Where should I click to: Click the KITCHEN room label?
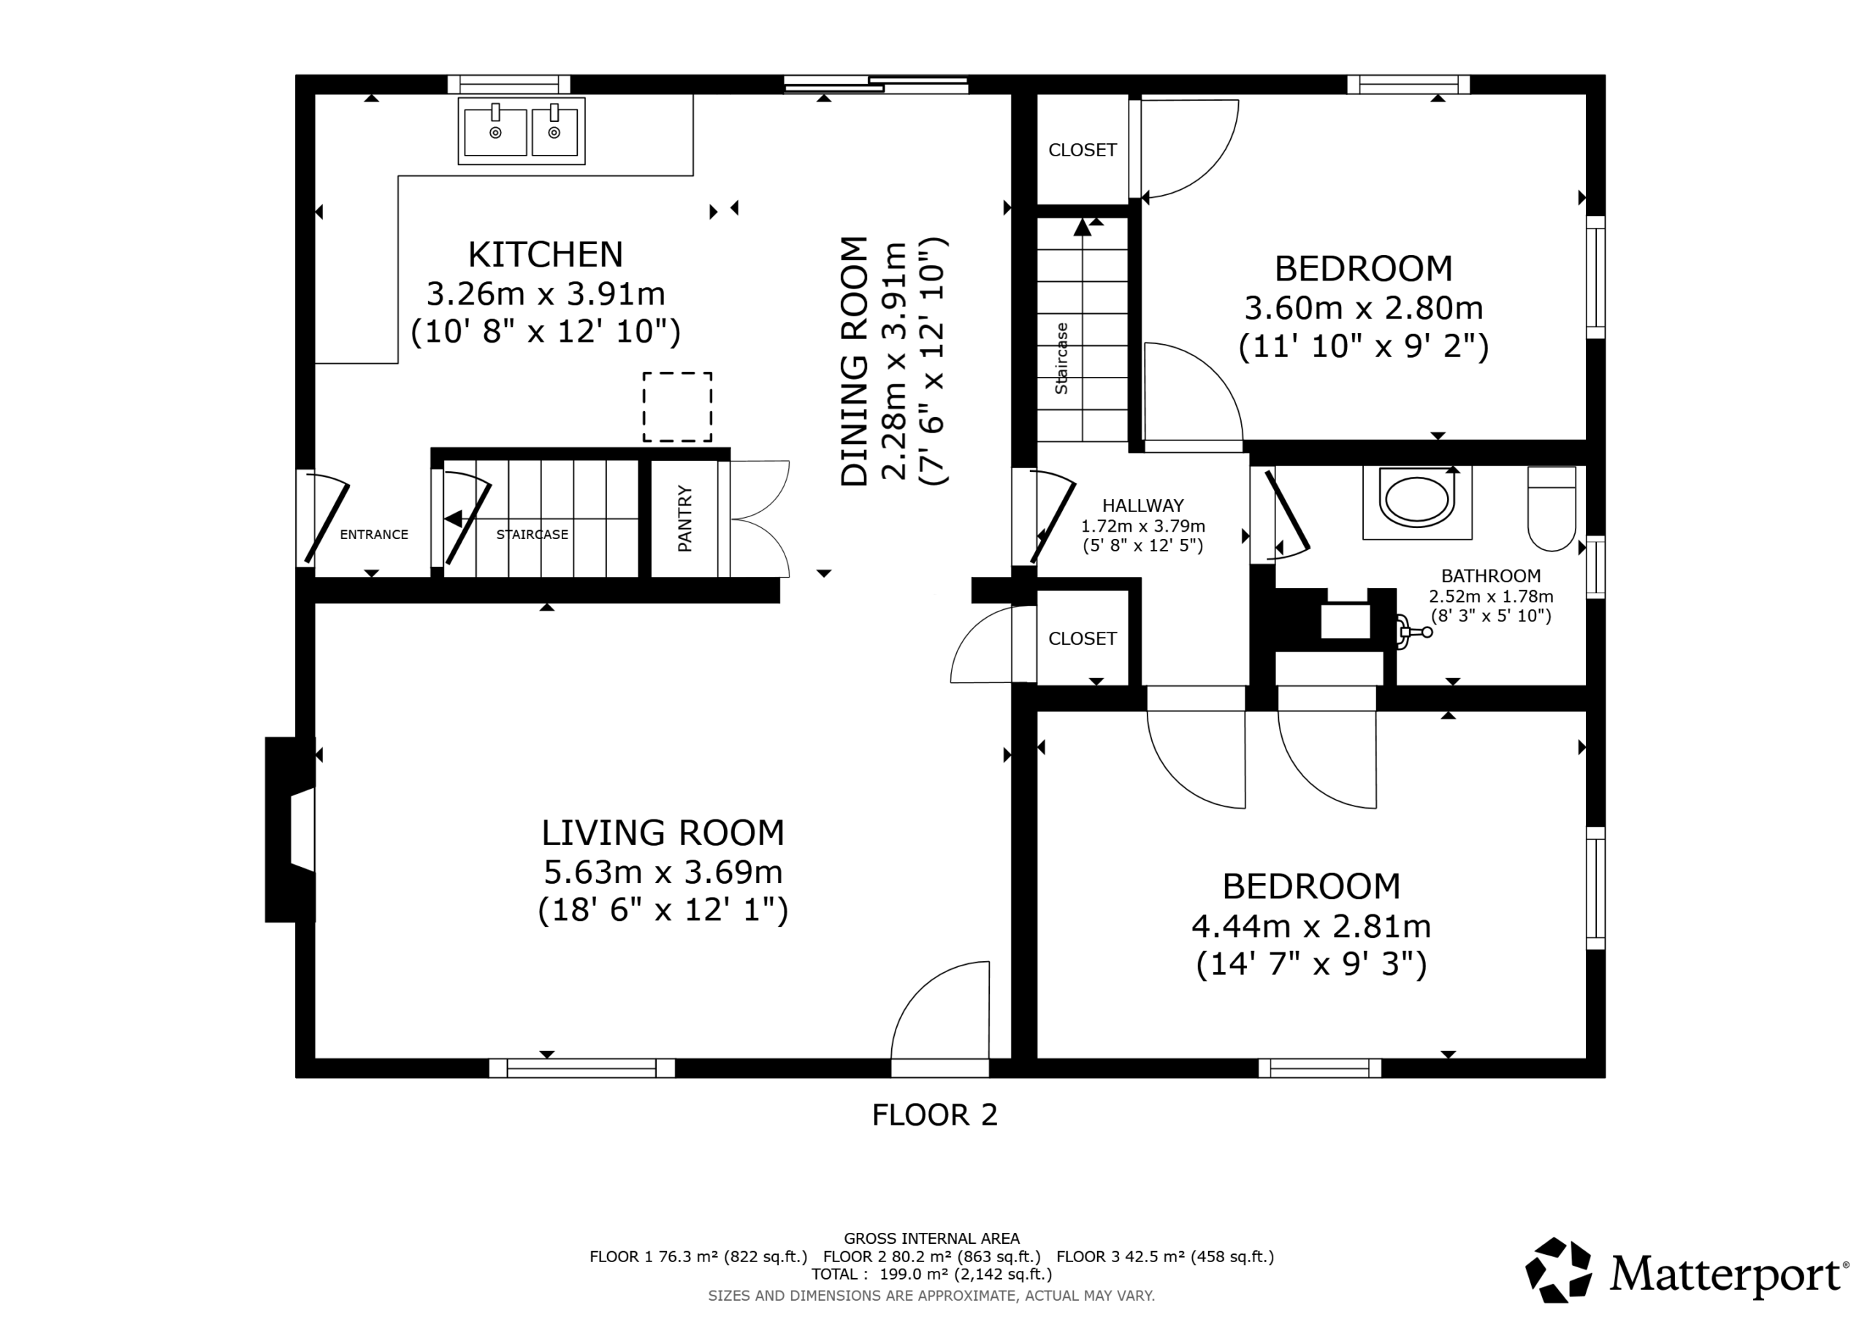[x=545, y=255]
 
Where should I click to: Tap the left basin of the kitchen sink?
[x=495, y=132]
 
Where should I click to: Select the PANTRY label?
[x=685, y=519]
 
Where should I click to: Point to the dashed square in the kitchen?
[x=678, y=408]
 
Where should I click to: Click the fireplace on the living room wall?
[x=291, y=829]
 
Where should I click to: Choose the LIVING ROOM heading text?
[x=663, y=833]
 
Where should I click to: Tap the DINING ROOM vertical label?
[x=855, y=362]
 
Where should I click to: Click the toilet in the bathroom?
[x=1552, y=508]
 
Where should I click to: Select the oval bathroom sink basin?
[x=1417, y=500]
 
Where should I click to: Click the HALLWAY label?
[x=1142, y=506]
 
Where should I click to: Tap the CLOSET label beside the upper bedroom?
[x=1083, y=150]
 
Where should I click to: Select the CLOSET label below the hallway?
[x=1083, y=638]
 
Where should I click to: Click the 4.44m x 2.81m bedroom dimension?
[x=1311, y=926]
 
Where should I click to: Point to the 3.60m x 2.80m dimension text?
[x=1363, y=308]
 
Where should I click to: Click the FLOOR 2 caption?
[x=934, y=1115]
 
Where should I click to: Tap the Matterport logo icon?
[x=1559, y=1270]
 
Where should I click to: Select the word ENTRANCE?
[x=374, y=535]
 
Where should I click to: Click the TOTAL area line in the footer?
[x=932, y=1274]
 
